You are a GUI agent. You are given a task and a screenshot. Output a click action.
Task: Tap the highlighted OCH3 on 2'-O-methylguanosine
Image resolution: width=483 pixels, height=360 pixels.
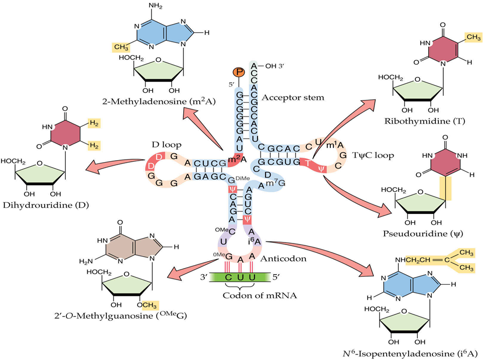[148, 304]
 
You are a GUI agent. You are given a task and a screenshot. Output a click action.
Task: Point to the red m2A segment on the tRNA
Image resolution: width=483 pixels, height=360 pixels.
[235, 159]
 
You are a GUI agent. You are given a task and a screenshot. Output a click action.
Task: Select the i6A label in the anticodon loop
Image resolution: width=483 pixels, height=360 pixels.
[254, 241]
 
